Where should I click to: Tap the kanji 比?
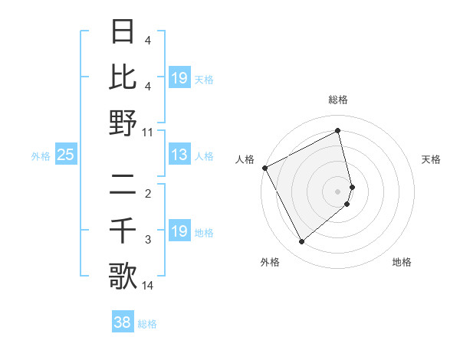pos(123,77)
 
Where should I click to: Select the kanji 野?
pos(123,123)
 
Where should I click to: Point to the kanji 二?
pos(123,185)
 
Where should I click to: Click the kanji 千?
pos(123,231)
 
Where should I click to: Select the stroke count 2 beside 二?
pos(148,195)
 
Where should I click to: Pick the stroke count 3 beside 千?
pos(148,241)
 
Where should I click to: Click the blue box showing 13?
pos(179,155)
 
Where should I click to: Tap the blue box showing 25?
pos(66,155)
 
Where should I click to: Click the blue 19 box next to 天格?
pos(179,78)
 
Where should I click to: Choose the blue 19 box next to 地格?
pos(179,231)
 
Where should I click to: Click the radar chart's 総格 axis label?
pos(337,100)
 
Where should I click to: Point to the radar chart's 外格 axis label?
pos(270,262)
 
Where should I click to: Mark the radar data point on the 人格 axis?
pos(264,168)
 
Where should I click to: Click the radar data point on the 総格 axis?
pos(337,131)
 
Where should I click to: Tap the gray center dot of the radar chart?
pos(337,191)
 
